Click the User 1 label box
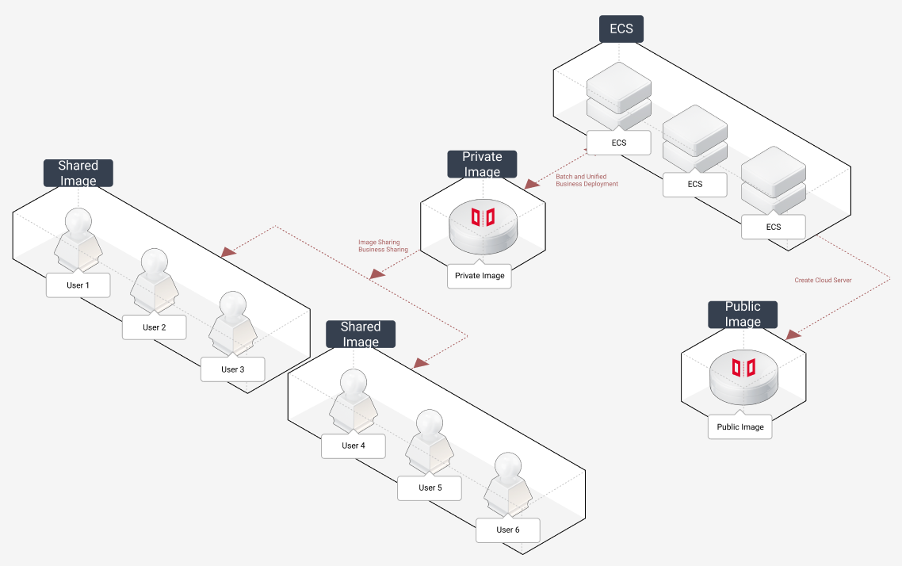pyautogui.click(x=78, y=285)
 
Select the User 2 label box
pyautogui.click(x=155, y=327)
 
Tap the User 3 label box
pyautogui.click(x=232, y=369)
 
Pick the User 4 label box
pyautogui.click(x=354, y=446)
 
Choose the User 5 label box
pyautogui.click(x=430, y=488)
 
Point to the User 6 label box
pyautogui.click(x=507, y=530)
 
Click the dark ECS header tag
pyautogui.click(x=621, y=29)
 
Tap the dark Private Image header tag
pyautogui.click(x=482, y=164)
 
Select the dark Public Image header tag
pyautogui.click(x=743, y=314)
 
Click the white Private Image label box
pyautogui.click(x=480, y=276)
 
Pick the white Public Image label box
pyautogui.click(x=740, y=427)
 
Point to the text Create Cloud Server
pyautogui.click(x=823, y=280)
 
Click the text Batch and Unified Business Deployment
pyautogui.click(x=587, y=180)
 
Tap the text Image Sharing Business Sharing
pyautogui.click(x=383, y=246)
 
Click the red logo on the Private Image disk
pyautogui.click(x=483, y=217)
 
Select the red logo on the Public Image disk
pyautogui.click(x=743, y=367)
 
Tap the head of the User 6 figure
pyautogui.click(x=507, y=465)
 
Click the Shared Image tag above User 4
pyautogui.click(x=361, y=334)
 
